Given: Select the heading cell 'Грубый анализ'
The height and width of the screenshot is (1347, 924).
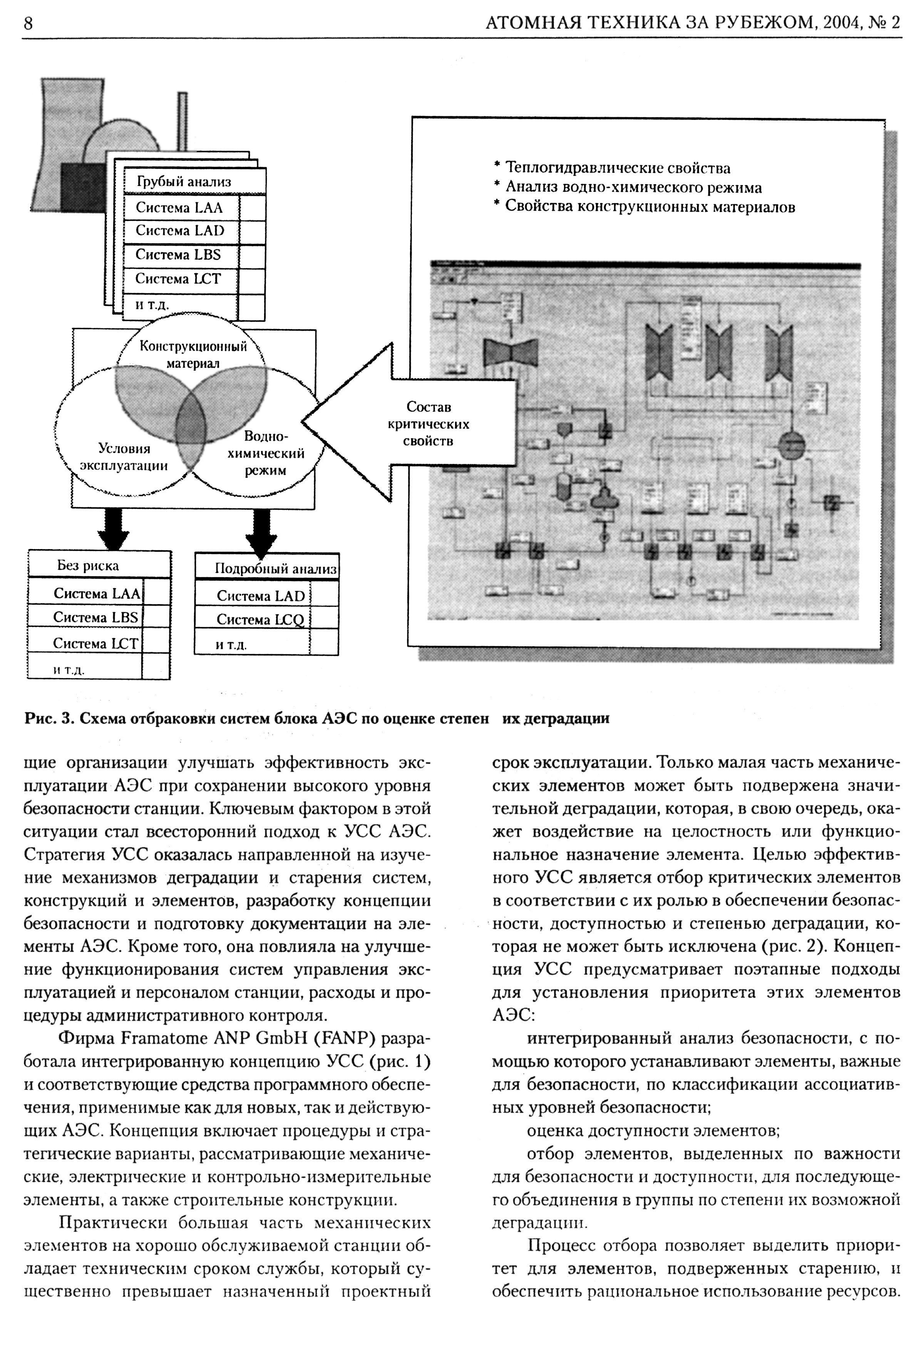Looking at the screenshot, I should (184, 182).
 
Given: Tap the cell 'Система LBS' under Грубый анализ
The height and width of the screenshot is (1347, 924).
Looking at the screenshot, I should (178, 254).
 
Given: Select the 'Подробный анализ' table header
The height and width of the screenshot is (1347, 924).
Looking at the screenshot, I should (275, 569).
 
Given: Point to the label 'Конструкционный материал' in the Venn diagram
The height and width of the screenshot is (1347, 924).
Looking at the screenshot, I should (193, 355).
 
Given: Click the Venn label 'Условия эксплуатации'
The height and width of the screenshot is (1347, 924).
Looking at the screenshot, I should (124, 457).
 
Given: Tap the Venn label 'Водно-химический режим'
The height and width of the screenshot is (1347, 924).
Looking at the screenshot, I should (265, 453).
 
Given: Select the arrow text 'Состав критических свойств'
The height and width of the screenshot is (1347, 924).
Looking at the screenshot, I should (429, 424).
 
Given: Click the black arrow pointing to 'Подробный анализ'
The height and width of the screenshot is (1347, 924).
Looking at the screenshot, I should (261, 530).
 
